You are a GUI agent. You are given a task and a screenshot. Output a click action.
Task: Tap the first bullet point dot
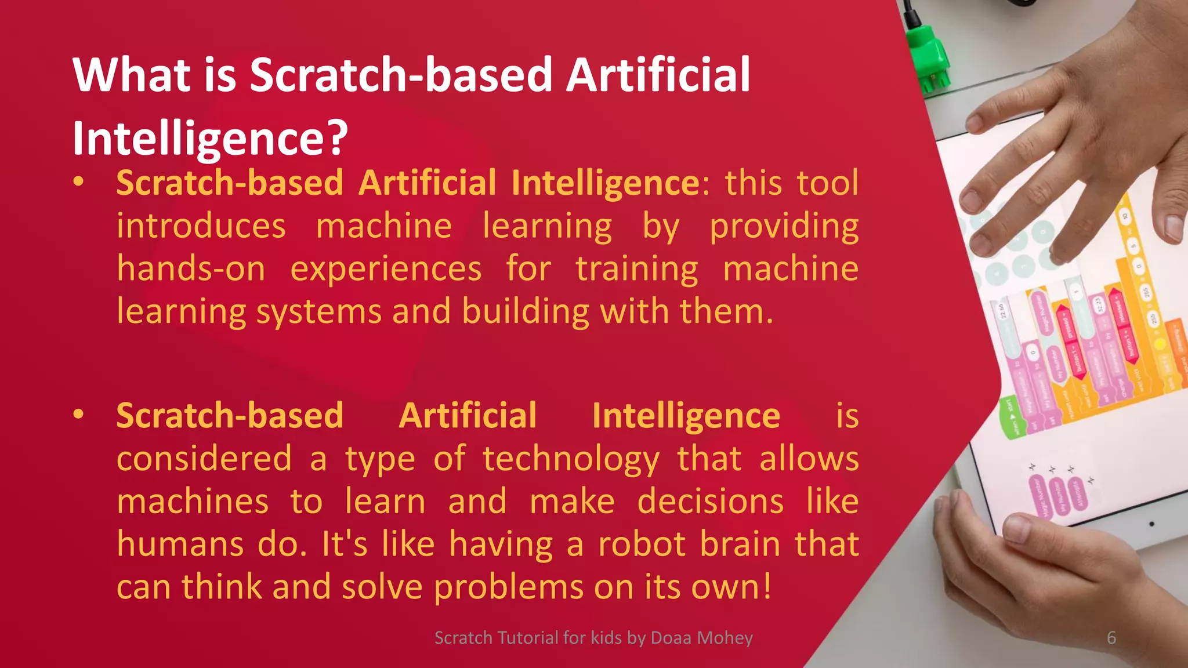tap(79, 182)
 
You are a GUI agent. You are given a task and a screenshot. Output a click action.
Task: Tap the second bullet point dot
tap(79, 415)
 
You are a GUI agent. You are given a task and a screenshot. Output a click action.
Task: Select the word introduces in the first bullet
tap(201, 226)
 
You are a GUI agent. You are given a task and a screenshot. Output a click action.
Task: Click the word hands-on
tap(191, 269)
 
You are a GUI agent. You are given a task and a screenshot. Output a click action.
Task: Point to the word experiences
tap(386, 269)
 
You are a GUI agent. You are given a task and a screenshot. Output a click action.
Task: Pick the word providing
tap(784, 227)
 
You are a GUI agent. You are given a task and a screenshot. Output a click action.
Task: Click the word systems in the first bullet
tap(318, 312)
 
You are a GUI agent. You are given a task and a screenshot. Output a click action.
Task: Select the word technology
tap(571, 459)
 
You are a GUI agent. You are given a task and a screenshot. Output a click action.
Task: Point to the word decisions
tap(711, 502)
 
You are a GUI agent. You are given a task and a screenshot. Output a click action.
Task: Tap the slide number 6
tap(1111, 638)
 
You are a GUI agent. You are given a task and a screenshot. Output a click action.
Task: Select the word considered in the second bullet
tap(204, 459)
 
